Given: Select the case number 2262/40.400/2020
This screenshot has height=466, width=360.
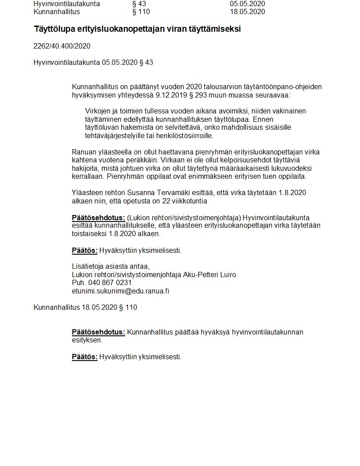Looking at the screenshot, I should point(62,46).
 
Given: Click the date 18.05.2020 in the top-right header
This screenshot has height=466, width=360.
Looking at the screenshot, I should point(247,12).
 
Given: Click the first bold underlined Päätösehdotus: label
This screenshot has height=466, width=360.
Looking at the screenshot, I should point(98,218).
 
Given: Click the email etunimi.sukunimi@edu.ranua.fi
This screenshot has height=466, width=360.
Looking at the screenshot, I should point(120,291).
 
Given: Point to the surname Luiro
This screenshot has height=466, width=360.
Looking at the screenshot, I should point(228,274).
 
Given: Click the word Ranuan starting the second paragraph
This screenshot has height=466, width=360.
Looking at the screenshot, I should point(83,152).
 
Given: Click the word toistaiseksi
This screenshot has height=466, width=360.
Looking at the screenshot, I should point(90,234).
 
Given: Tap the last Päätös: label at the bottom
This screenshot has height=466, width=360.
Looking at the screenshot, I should point(84,357).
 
